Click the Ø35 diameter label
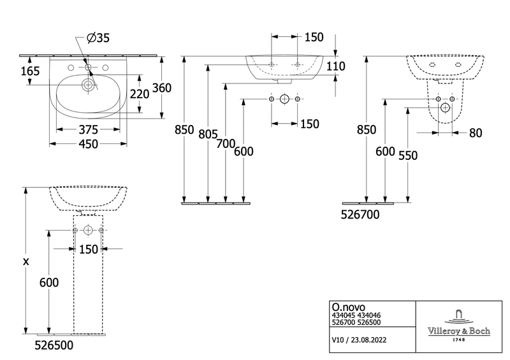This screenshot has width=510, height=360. (x=98, y=39)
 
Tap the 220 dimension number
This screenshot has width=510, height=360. (x=140, y=94)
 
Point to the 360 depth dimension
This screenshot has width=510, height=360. (x=161, y=88)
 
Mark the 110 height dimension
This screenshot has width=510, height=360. (x=335, y=66)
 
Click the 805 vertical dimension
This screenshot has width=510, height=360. (x=208, y=134)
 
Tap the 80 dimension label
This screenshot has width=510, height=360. (x=475, y=133)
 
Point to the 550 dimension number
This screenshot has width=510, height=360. (x=409, y=155)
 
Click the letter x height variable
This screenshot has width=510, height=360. (x=25, y=261)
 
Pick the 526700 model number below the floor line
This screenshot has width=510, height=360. (x=360, y=215)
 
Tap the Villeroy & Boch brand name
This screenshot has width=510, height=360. (x=455, y=331)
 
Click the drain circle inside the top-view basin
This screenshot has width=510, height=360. (x=87, y=84)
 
